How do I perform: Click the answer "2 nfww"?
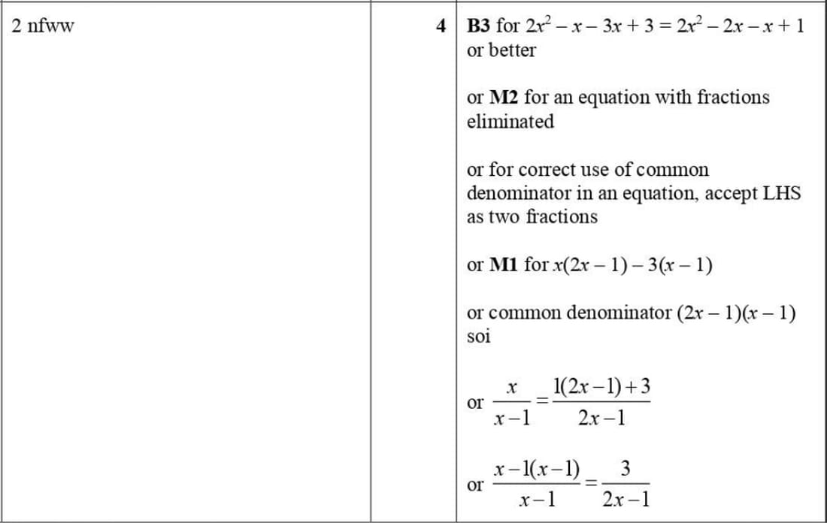click(x=43, y=26)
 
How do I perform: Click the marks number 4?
click(x=441, y=26)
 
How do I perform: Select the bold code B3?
click(x=478, y=26)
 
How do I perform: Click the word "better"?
click(x=512, y=50)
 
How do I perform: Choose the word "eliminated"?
click(x=510, y=122)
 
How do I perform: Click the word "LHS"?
click(x=782, y=193)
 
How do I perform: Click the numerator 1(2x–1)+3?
click(x=601, y=387)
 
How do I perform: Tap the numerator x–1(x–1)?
click(x=537, y=470)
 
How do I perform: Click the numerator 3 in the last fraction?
click(x=626, y=470)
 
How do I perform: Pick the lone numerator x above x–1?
click(x=511, y=388)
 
